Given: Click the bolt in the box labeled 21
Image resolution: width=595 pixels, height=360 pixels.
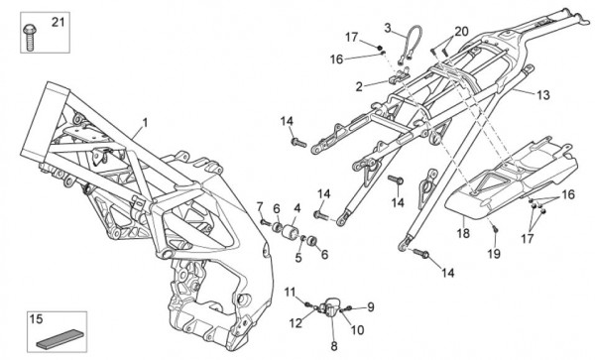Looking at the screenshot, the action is tap(29, 37).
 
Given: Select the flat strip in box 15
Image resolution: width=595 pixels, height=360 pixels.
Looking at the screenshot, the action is tap(59, 338).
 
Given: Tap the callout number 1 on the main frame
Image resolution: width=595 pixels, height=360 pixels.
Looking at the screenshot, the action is tap(145, 123).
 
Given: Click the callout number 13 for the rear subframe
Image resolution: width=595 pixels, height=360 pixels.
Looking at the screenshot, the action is tap(543, 95).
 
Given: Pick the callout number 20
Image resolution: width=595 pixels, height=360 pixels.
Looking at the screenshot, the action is tap(461, 32).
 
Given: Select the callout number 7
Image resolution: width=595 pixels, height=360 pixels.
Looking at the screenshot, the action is tap(260, 206).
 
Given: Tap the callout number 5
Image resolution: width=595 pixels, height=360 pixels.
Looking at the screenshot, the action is tap(298, 258).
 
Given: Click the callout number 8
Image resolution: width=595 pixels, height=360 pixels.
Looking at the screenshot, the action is tap(334, 346).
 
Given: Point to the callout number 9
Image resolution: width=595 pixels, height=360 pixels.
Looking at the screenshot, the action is tap(370, 306).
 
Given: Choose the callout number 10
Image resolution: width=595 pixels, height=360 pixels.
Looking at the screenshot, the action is tap(357, 330).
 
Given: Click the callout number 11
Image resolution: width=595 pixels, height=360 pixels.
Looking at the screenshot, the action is tap(290, 293).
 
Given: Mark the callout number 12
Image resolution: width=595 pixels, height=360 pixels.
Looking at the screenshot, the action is tap(296, 323).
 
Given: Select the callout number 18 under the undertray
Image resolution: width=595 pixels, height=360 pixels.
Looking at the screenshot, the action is tap(463, 233).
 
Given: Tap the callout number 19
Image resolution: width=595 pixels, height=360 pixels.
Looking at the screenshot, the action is tap(494, 254).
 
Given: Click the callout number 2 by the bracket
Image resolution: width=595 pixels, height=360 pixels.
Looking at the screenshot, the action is tap(359, 87).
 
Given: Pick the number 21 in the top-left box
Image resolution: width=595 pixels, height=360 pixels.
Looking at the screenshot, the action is tap(59, 23).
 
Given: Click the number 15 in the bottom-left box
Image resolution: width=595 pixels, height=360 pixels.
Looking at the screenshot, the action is tap(36, 319).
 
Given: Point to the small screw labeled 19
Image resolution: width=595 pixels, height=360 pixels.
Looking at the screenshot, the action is tap(495, 228).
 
